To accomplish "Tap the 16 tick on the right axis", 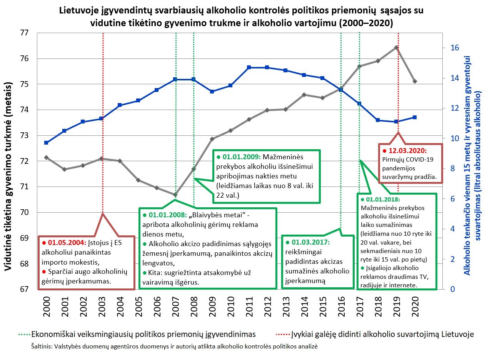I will point(455,48).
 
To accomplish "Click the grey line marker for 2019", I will point(396,48).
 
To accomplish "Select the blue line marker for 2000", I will point(46,143).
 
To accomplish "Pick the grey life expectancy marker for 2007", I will point(175,195).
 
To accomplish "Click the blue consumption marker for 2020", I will point(415,117).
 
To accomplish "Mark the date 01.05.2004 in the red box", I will point(65,243).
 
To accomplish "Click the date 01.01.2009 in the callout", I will point(241,157).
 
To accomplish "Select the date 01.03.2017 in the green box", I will point(310,242).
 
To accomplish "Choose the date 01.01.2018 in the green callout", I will point(383,200).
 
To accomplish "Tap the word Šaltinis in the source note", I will point(42,346).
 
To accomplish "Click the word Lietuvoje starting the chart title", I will point(78,10).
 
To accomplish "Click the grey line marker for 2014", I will point(304,95).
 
